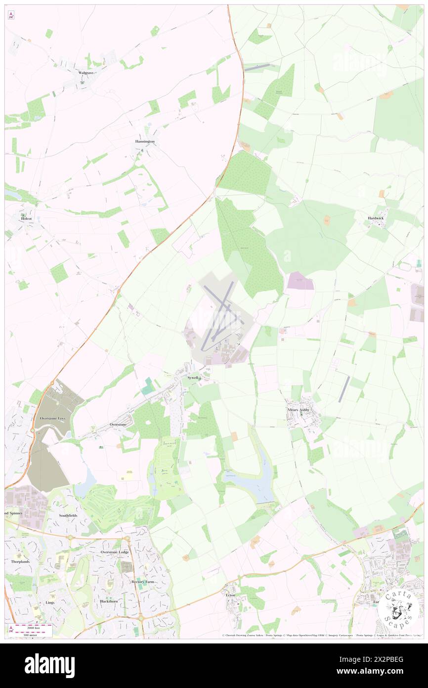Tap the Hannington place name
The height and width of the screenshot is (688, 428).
click(145, 142)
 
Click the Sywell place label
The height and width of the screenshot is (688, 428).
click(192, 378)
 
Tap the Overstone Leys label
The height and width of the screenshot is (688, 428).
click(52, 419)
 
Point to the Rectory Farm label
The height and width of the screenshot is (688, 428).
click(143, 582)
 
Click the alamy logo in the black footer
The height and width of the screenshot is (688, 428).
click(49, 665)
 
